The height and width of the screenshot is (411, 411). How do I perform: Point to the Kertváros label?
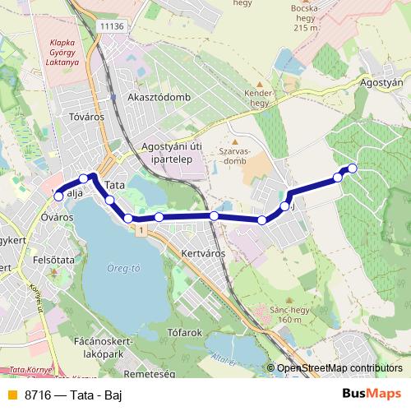[x=202, y=253]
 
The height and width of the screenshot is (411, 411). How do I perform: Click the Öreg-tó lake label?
[x=123, y=266]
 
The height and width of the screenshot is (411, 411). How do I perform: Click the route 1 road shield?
[x=142, y=232]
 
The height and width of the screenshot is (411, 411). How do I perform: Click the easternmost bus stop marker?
[x=353, y=169]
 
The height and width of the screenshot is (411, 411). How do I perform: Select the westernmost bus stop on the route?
[x=58, y=196]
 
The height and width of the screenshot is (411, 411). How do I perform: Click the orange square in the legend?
[x=11, y=395]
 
